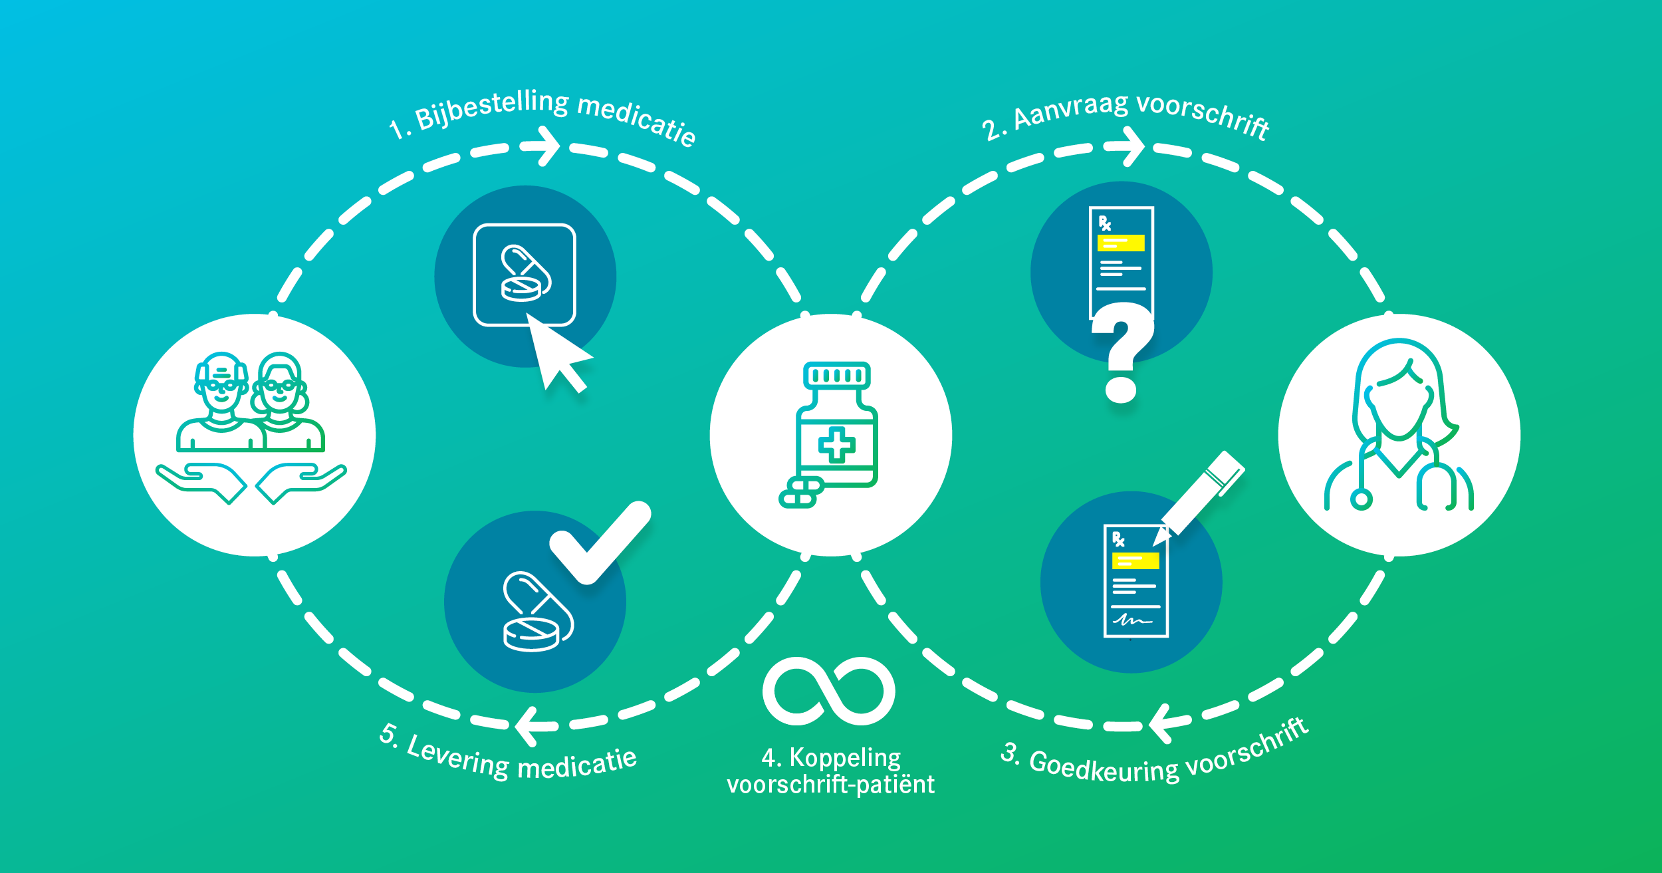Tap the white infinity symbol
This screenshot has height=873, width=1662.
point(829,691)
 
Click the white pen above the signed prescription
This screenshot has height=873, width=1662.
point(1203,492)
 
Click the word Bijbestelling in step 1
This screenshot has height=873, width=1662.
point(492,110)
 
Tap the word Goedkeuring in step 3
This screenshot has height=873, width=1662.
point(1104,768)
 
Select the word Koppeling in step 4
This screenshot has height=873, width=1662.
point(844,757)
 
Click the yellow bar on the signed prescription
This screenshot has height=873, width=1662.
point(1135,561)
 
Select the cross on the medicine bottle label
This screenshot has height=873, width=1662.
point(836,445)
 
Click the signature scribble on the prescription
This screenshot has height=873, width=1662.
point(1132,620)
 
